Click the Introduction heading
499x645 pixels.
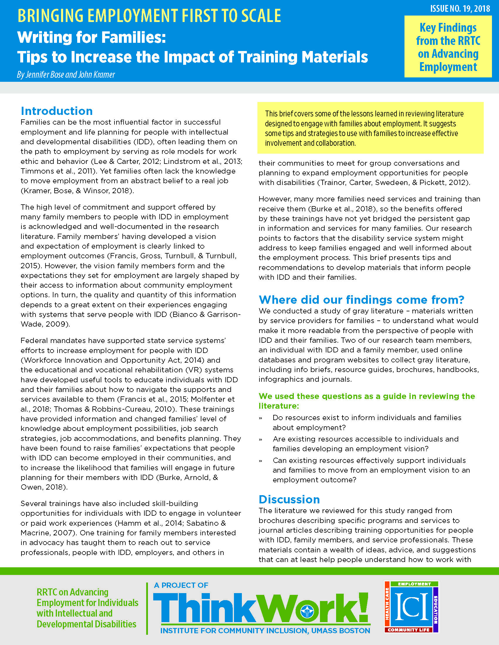(57, 111)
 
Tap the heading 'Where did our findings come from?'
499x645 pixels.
(361, 300)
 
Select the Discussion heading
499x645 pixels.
(289, 499)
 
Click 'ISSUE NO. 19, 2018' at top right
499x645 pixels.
(460, 9)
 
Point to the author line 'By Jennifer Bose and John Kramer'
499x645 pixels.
(66, 74)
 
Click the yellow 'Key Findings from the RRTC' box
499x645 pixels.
(448, 47)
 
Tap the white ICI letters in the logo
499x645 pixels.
(412, 607)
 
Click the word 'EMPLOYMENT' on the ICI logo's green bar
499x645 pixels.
(414, 584)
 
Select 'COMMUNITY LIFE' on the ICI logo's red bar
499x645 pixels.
(409, 630)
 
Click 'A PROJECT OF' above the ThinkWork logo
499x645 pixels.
(181, 585)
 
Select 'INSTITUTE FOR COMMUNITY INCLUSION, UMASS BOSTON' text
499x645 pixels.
(265, 631)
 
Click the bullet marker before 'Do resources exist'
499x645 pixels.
(260, 418)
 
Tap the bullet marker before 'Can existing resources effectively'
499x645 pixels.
(260, 461)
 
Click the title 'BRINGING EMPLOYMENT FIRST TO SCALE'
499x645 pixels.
(149, 16)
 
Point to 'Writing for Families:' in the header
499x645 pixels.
(92, 38)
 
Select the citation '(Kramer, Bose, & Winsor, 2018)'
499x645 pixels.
(77, 191)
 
